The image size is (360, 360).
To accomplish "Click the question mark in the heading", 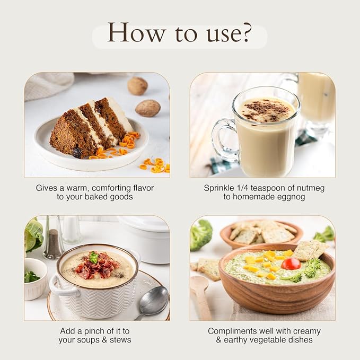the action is (x=246, y=32).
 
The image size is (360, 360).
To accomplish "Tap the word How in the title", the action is (x=136, y=32).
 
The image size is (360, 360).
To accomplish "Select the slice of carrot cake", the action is (x=91, y=128).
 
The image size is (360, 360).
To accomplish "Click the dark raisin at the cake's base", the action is (x=77, y=153).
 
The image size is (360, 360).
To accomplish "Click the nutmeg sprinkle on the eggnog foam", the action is (x=266, y=110).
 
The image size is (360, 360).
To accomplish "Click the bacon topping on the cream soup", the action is (x=98, y=265).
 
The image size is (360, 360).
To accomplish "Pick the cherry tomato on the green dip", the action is (x=291, y=264).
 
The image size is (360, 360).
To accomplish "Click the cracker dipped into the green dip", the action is (x=311, y=250).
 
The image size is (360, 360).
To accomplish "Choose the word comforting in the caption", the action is (x=111, y=188).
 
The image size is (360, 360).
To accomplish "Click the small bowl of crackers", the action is (x=261, y=234).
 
